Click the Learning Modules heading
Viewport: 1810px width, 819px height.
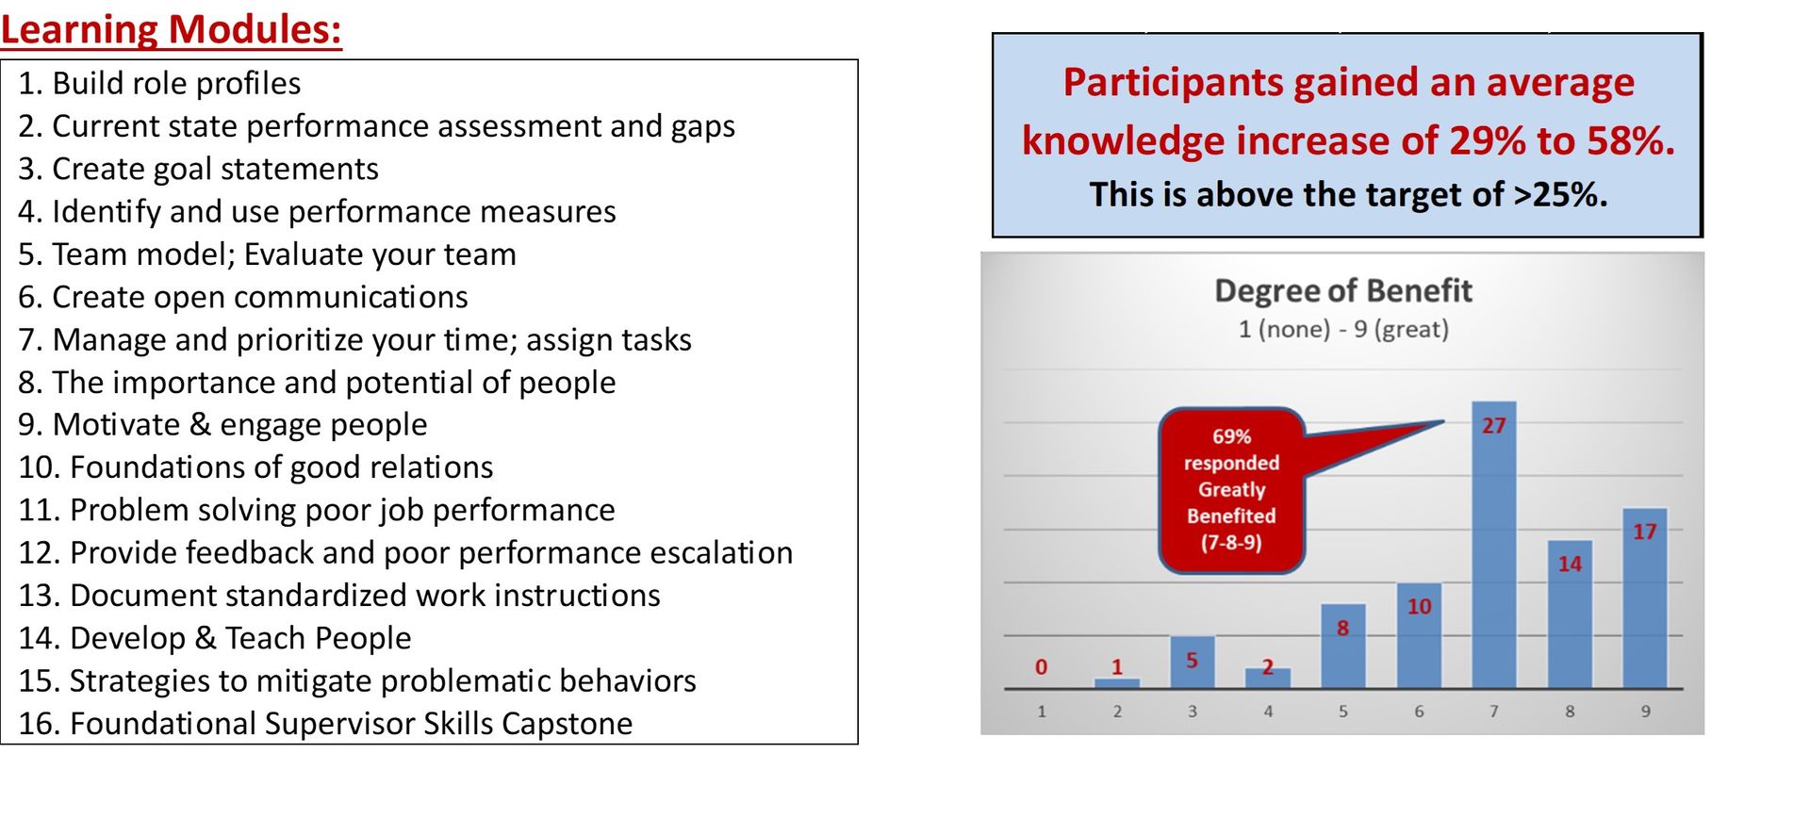[x=171, y=28]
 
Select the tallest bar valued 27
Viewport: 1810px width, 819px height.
[x=1493, y=547]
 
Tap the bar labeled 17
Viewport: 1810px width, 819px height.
[x=1644, y=603]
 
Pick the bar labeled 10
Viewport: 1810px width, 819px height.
[x=1419, y=641]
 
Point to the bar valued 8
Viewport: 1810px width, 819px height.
[x=1342, y=650]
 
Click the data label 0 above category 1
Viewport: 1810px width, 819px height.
[x=1041, y=667]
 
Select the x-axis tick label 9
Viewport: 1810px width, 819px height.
[x=1645, y=712]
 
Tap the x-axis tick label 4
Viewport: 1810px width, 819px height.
[x=1268, y=712]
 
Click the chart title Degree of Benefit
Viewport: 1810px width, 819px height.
[x=1342, y=290]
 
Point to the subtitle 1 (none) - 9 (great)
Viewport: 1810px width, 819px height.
[x=1342, y=330]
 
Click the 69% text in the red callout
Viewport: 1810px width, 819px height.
[x=1231, y=436]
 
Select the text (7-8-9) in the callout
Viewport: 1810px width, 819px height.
[x=1231, y=543]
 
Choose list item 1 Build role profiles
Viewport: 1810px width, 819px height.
[x=159, y=83]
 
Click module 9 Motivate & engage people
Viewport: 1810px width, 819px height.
[x=222, y=424]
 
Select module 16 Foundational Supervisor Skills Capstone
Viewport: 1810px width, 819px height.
[x=325, y=723]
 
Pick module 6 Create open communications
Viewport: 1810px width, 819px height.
[x=242, y=297]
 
